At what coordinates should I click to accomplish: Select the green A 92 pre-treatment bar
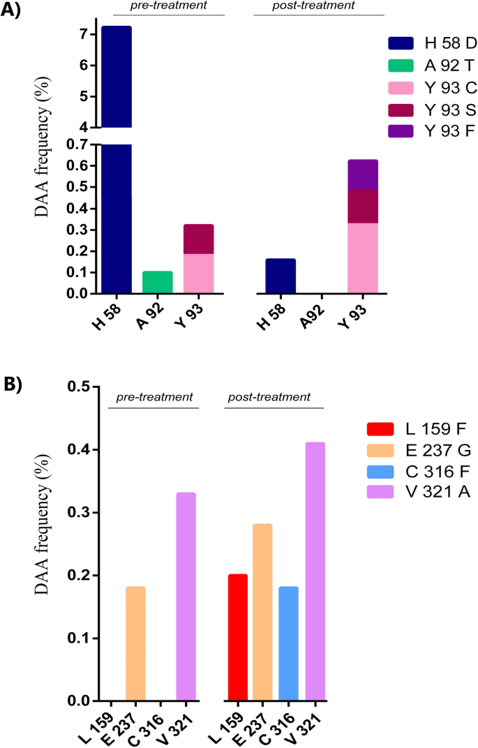tap(157, 282)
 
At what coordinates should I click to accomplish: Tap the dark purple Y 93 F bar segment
tap(363, 174)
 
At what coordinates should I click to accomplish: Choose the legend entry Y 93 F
tap(432, 130)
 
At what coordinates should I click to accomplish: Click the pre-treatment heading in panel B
tap(154, 396)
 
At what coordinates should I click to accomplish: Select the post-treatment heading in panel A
tap(319, 6)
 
